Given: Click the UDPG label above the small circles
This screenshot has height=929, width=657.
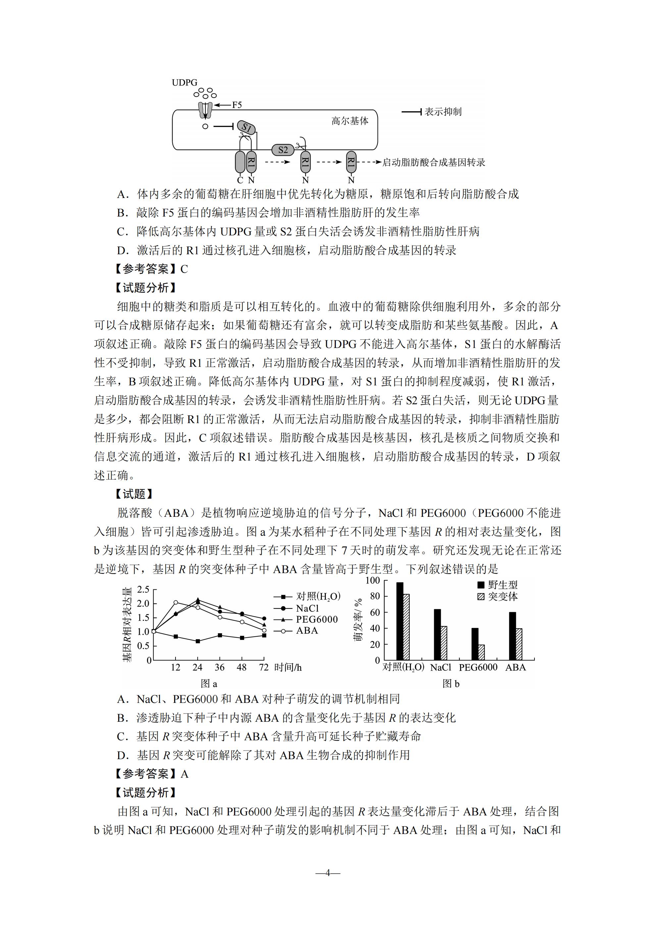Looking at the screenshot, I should tap(184, 82).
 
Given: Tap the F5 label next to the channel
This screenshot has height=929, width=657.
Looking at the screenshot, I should tap(237, 105).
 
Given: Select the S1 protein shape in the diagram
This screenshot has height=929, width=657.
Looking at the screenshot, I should tap(246, 128).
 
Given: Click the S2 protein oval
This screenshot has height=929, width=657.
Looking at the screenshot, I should tap(283, 150).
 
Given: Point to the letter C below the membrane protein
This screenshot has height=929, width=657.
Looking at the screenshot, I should tap(240, 180).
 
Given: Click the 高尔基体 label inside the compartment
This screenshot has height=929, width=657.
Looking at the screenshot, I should tap(350, 121).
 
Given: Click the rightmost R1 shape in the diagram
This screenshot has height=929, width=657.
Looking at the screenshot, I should tap(351, 162).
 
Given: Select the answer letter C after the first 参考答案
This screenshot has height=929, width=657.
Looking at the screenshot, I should tap(184, 269).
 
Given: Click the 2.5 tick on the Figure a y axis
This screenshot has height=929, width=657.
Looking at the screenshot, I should tap(143, 590).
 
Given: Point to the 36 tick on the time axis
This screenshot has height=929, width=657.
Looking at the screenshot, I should tap(220, 667).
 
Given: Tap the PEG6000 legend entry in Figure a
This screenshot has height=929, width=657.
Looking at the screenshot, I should tap(316, 619).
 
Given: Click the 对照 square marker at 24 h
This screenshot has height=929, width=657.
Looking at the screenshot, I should tap(198, 641).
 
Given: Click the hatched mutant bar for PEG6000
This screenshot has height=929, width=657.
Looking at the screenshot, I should tap(481, 652).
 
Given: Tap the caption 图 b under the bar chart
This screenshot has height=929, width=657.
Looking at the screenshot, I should tap(451, 684).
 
